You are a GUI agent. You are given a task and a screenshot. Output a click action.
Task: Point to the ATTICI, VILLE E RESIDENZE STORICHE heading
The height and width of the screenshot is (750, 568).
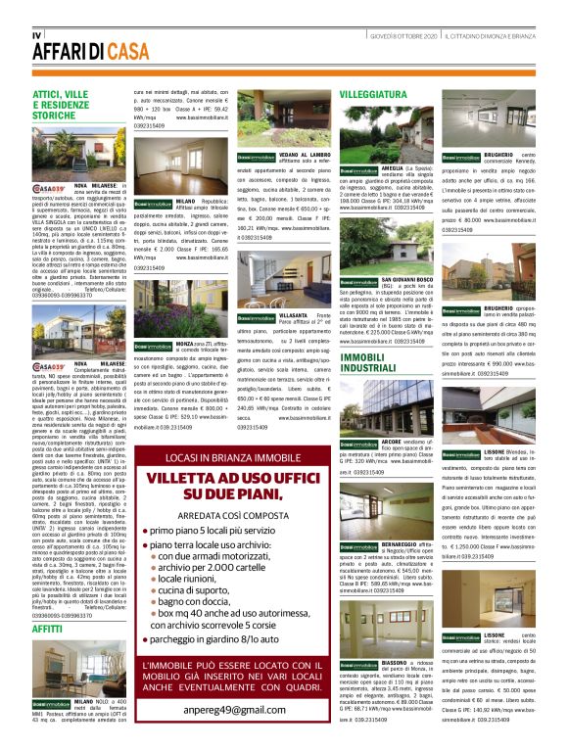coord(67,104)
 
